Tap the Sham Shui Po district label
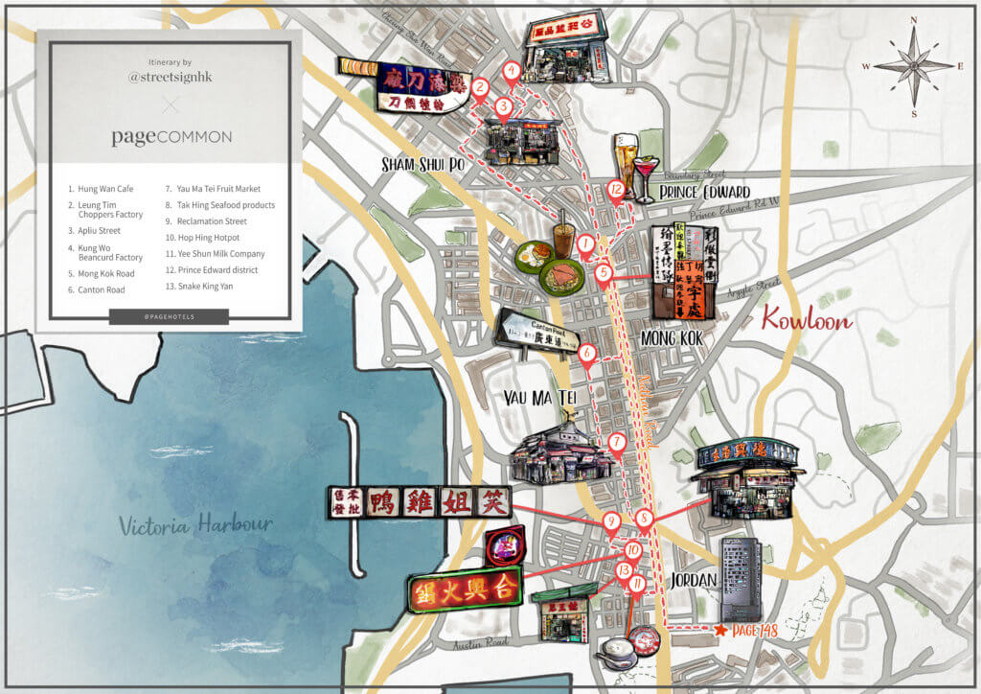pos(422,163)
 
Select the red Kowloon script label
pos(807,319)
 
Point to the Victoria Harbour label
pos(196,525)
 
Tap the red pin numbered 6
pos(587,354)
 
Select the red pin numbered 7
pos(617,443)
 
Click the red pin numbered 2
pos(481,87)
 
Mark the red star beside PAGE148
pos(720,630)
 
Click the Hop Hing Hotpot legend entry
pos(202,238)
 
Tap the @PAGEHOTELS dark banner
pos(169,316)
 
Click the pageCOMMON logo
pos(171,136)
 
